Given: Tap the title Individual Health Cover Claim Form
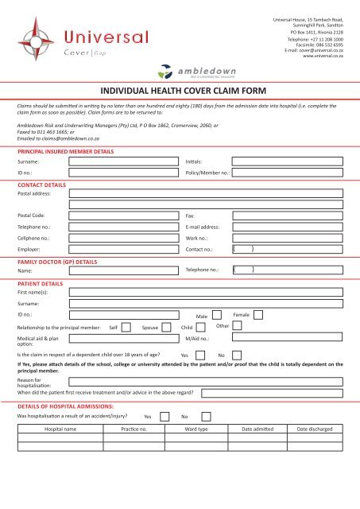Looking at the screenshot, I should point(180,90).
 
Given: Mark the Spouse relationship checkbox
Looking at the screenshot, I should point(166,327).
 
